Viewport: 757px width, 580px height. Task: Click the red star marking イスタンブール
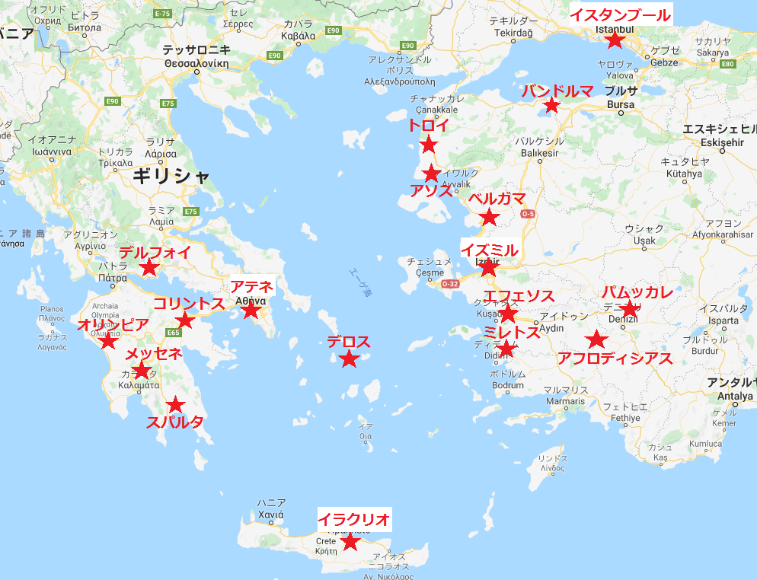point(615,40)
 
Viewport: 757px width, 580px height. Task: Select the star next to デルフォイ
point(149,268)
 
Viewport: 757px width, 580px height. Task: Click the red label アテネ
point(248,287)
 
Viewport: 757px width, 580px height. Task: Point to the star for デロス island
point(349,359)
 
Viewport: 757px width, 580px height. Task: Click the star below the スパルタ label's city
point(176,405)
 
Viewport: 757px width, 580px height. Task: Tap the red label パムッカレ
point(637,292)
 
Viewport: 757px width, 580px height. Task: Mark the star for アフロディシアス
point(596,340)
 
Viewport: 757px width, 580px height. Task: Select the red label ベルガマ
point(497,199)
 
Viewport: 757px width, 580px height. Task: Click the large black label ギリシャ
point(171,176)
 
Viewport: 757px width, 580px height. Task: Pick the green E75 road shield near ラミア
point(190,212)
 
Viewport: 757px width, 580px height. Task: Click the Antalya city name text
point(730,396)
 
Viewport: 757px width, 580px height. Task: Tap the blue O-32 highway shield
point(451,284)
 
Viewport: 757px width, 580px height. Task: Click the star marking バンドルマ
point(553,106)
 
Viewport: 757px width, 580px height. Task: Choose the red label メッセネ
point(153,353)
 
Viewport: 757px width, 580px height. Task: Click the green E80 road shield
point(727,63)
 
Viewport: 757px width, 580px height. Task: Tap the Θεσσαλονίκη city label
point(196,64)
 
